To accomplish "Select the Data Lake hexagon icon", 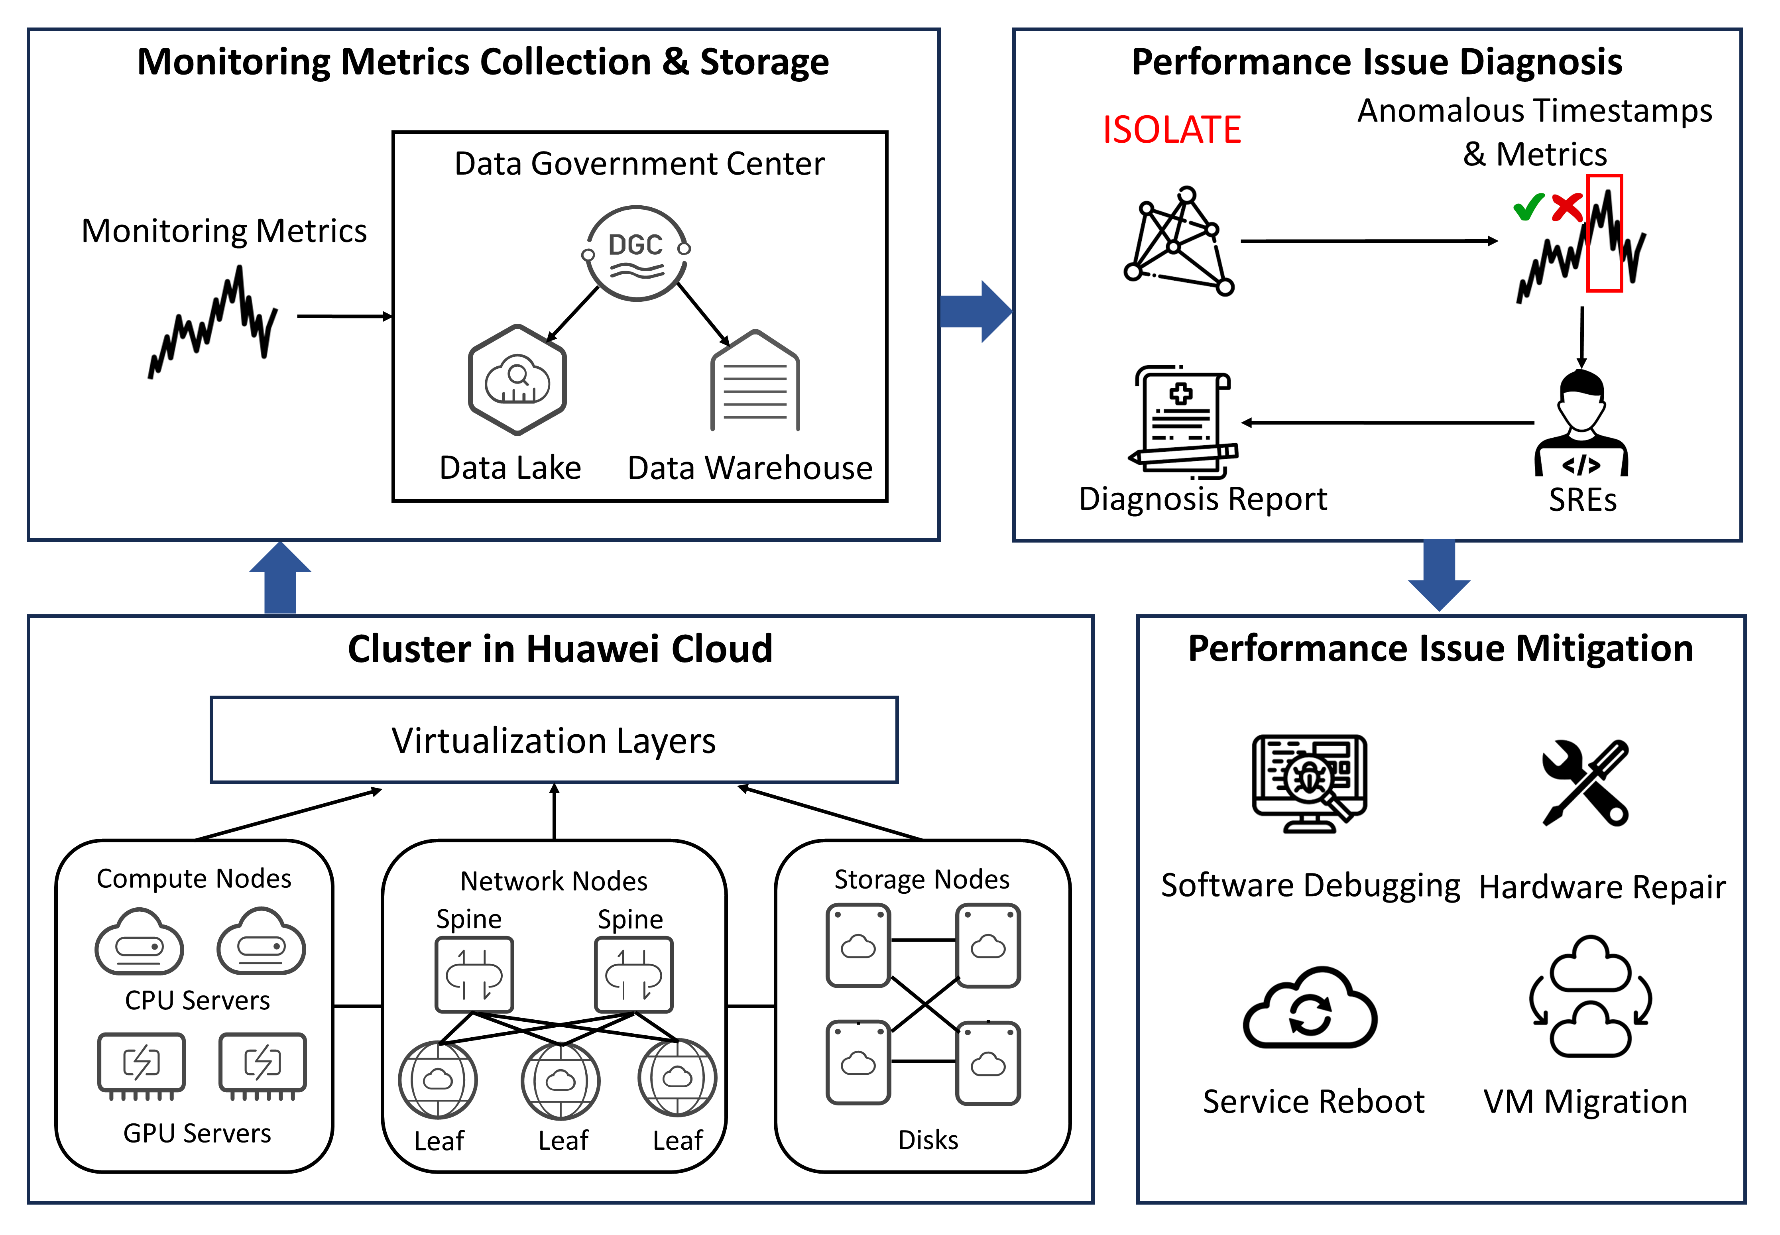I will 517,379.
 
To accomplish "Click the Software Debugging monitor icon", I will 1310,783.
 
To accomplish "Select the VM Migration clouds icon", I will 1590,997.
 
